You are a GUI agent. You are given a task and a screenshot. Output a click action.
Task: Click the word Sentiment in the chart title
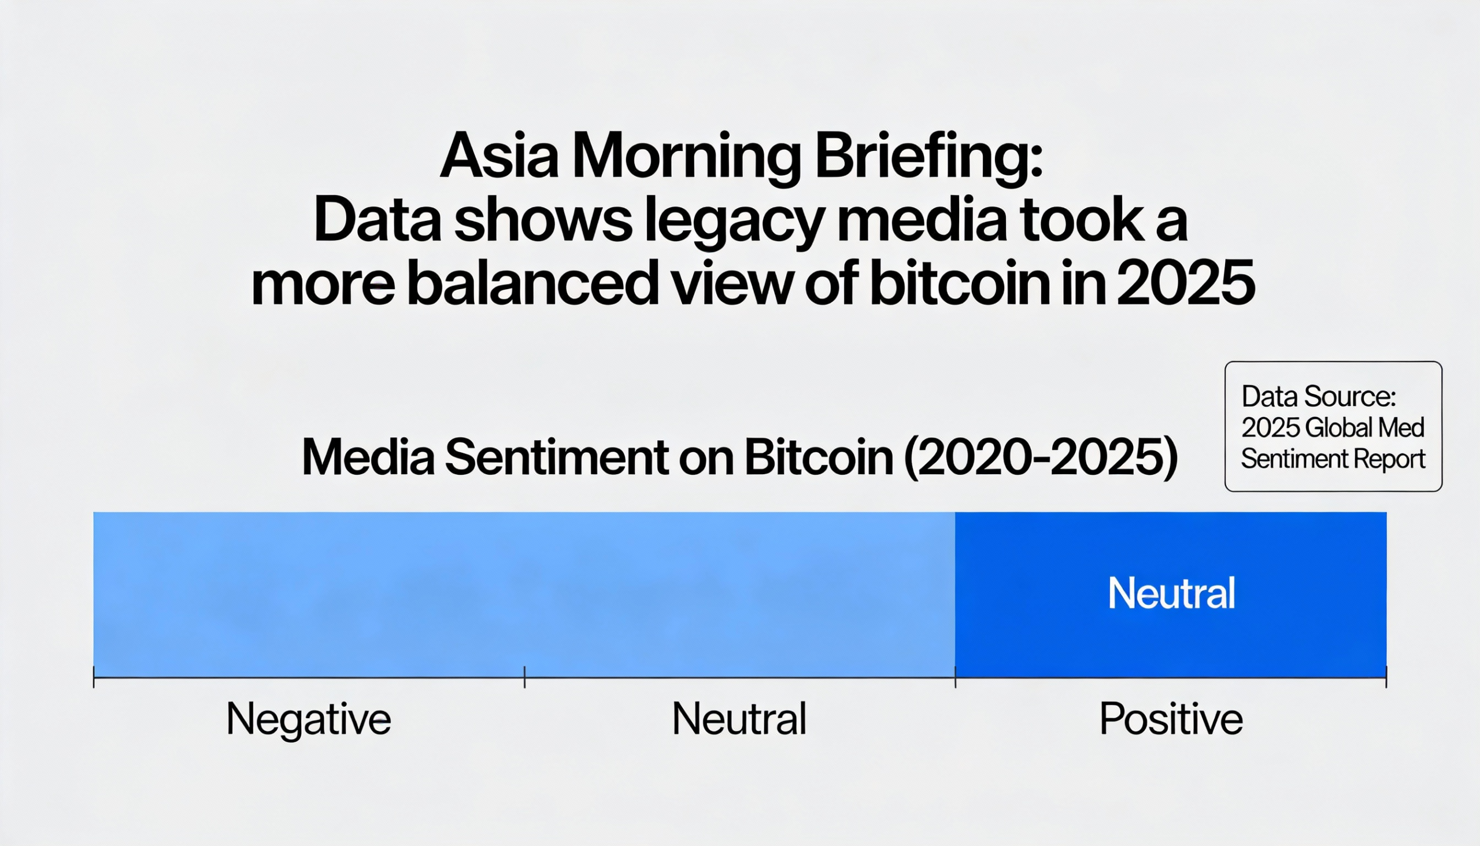click(557, 458)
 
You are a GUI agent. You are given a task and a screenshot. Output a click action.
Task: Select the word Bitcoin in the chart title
click(819, 458)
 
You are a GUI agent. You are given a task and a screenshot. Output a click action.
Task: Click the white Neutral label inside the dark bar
click(1171, 593)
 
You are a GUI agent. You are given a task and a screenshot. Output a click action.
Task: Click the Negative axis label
click(309, 719)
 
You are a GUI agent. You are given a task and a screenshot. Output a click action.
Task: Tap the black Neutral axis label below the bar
click(739, 719)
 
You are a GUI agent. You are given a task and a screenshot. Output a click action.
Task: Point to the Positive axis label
click(1171, 719)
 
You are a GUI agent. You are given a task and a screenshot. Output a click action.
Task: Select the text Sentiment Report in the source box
click(1333, 460)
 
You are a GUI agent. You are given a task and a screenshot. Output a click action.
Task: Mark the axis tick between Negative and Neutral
click(524, 677)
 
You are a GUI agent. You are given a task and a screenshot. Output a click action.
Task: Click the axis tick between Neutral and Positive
click(956, 677)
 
